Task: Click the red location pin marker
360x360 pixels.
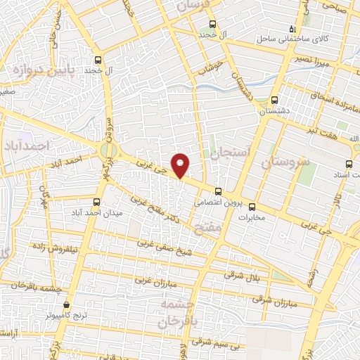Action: pos(181,165)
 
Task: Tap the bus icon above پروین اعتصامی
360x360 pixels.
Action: pos(217,191)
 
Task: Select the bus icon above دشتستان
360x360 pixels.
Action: pos(274,99)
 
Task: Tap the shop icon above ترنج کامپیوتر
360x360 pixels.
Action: pos(66,305)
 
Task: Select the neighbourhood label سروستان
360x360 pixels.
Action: pos(285,161)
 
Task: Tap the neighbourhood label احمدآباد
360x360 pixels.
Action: pos(29,146)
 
